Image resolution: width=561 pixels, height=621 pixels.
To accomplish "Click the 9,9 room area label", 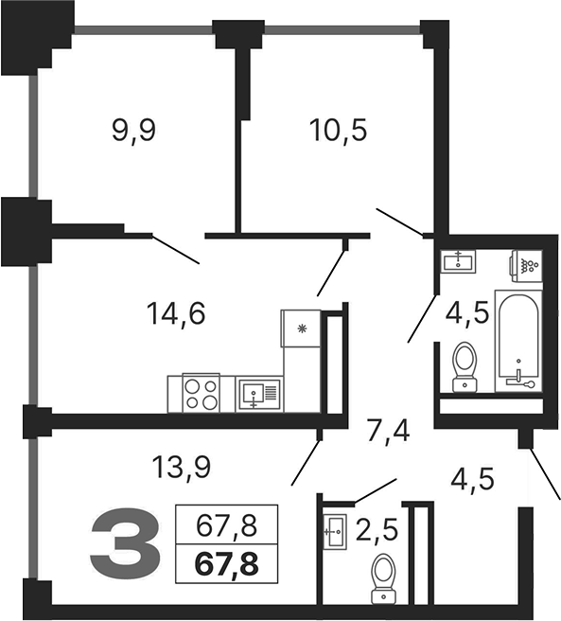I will pos(132,131).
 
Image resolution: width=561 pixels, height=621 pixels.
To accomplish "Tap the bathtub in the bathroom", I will pos(519,344).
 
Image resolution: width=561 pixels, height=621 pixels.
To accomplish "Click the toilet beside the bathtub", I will pos(465,365).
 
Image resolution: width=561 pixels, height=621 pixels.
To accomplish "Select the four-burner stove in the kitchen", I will pos(200,393).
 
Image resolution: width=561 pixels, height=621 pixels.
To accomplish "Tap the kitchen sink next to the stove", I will pos(257,393).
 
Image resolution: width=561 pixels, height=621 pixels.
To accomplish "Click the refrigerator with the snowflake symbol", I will pos(302,329).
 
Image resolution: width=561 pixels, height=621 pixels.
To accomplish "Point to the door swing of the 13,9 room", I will pos(305,459).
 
